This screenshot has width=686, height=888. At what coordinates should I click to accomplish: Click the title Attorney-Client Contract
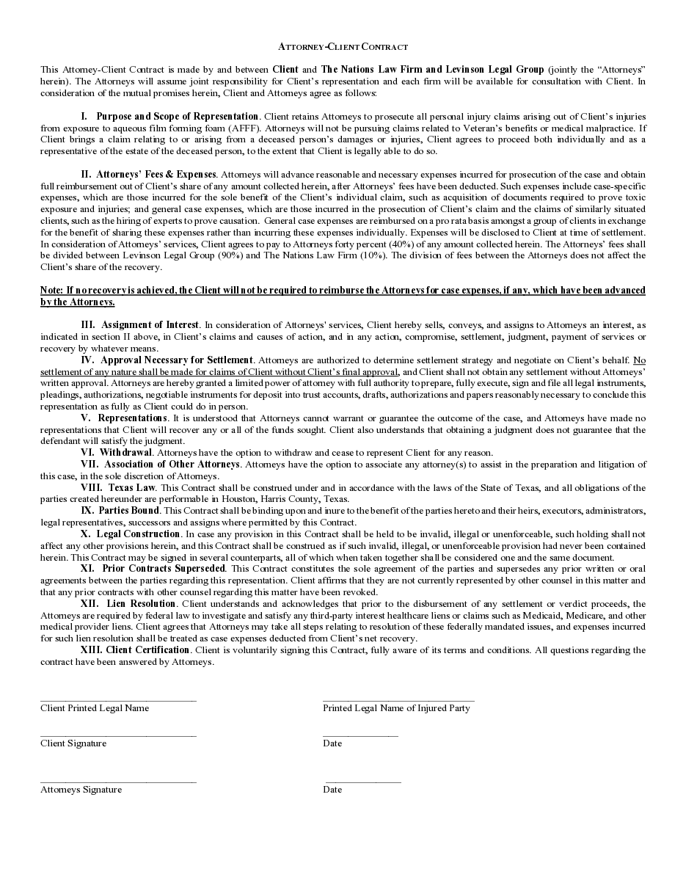(x=343, y=47)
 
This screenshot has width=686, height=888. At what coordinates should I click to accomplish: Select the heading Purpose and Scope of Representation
(x=178, y=117)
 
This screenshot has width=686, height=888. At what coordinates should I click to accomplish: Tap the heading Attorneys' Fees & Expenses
(x=156, y=175)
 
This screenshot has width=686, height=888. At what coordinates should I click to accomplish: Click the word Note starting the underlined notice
(x=51, y=291)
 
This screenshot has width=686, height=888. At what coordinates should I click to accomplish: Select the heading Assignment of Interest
(x=150, y=325)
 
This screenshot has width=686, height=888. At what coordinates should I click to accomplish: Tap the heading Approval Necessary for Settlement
(x=177, y=360)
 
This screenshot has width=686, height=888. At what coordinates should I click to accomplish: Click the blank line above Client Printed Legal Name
(x=118, y=701)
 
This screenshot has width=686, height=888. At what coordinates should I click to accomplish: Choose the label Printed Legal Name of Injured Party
(x=396, y=708)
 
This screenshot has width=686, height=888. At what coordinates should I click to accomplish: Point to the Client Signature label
(x=73, y=743)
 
